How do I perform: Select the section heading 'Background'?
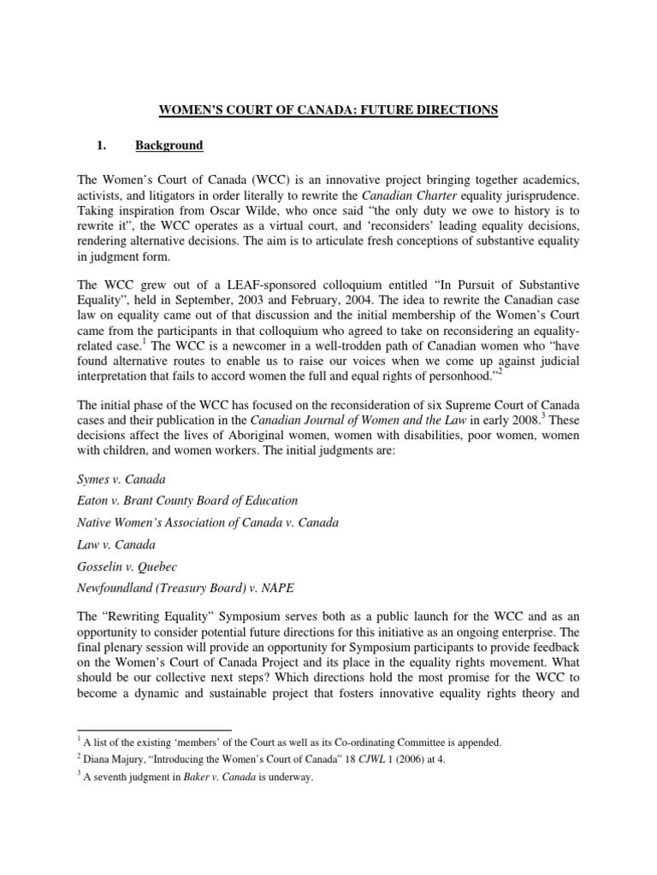(169, 145)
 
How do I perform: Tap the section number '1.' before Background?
(98, 145)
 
